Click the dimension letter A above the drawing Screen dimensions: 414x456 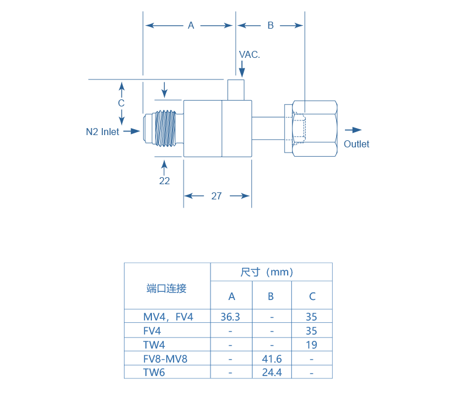coord(191,25)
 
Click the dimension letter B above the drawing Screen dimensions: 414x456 coord(270,25)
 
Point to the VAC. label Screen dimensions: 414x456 coord(249,54)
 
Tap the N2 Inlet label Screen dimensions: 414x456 coord(103,132)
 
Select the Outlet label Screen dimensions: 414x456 coord(356,144)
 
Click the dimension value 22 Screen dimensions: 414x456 coord(164,181)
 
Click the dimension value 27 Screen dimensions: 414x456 coord(216,196)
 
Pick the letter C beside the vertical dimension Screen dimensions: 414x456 coord(121,103)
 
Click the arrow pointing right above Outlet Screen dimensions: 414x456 coord(353,130)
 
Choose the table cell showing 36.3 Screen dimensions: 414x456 coord(231,317)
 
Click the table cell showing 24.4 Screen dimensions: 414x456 coord(271,372)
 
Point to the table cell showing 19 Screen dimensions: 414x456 coord(312,345)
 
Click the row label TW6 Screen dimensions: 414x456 coord(154,372)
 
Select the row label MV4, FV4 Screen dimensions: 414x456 coord(168,317)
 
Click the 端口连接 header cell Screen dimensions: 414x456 coord(167,288)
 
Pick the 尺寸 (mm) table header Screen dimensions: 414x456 coord(271,272)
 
